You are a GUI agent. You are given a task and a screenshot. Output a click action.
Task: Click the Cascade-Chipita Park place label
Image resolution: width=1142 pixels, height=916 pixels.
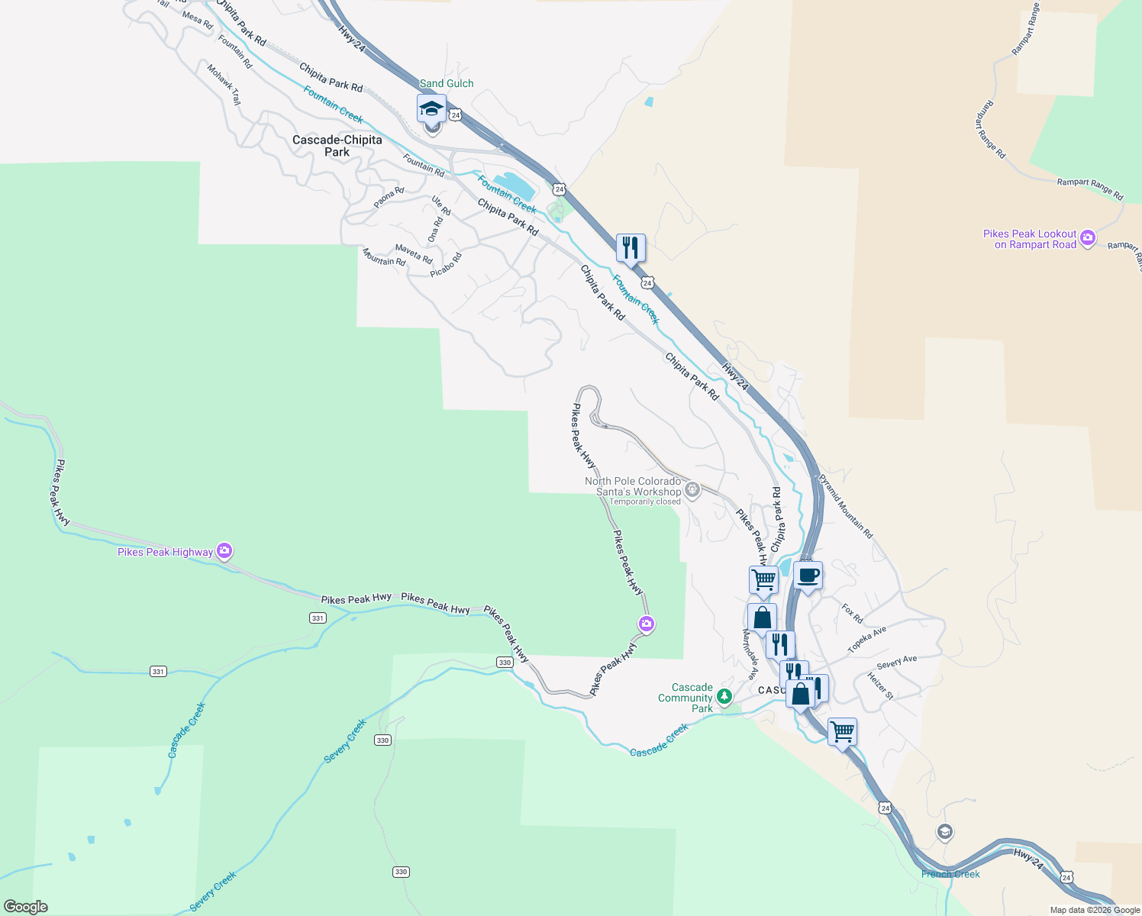tap(337, 146)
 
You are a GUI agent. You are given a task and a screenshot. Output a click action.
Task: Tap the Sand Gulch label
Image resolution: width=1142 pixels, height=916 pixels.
tap(447, 83)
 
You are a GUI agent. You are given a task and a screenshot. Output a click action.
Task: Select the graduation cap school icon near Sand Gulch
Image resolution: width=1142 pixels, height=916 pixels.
tap(431, 108)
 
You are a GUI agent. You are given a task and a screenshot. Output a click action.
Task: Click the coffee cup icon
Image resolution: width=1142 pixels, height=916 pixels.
tap(808, 576)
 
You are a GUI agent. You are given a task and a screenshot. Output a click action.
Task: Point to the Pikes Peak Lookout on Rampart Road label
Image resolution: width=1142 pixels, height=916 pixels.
tap(1029, 239)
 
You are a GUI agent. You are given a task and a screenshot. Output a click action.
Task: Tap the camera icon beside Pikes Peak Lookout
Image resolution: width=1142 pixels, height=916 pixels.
tap(1088, 238)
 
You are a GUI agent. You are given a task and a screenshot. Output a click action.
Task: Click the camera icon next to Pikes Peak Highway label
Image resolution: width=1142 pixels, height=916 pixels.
tap(224, 550)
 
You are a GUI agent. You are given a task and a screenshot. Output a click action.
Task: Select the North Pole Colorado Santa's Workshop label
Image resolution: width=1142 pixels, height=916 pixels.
tap(633, 486)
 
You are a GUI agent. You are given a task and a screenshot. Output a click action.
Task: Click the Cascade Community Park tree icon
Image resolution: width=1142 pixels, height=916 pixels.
tap(724, 696)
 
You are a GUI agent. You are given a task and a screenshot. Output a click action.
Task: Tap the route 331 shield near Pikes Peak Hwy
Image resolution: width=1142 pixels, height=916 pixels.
tap(318, 618)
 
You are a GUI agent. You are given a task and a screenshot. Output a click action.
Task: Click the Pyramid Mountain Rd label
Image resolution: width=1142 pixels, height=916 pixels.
tap(845, 507)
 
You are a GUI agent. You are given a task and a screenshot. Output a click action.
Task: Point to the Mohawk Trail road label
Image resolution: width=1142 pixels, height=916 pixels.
tap(224, 84)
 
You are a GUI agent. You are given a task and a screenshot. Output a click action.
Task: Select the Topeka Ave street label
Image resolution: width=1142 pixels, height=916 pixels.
tap(867, 640)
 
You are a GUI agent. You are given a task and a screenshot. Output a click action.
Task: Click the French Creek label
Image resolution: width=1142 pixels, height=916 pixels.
tap(950, 874)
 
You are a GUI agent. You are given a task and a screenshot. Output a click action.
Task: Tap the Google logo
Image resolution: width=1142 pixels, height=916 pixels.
tap(26, 907)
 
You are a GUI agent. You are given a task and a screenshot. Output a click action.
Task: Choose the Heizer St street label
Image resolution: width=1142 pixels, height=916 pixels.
tap(880, 685)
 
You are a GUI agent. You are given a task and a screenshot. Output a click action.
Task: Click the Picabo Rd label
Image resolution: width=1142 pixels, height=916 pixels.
tap(446, 265)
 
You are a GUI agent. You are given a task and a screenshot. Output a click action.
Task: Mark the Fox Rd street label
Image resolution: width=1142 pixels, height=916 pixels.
tap(852, 614)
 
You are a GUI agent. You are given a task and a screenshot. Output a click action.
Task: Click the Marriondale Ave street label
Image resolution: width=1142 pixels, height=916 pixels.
tap(750, 654)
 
